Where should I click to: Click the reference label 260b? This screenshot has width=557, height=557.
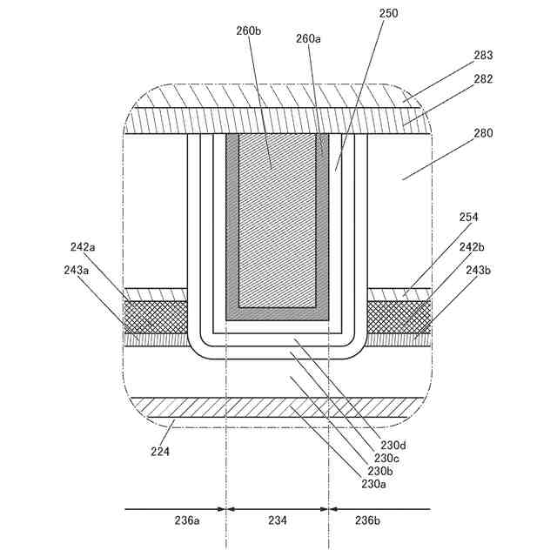pos(248,31)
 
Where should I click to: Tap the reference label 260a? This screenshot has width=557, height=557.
pos(308,39)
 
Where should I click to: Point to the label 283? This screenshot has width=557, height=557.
pos(483,55)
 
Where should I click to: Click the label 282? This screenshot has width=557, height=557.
pos(483,78)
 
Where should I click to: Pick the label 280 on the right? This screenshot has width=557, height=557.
pos(483,133)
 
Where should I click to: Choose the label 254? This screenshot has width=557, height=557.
pos(468,217)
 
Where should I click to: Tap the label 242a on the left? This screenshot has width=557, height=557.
pos(84,247)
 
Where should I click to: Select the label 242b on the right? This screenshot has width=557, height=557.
pos(471,247)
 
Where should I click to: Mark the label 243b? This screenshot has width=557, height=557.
pos(477,270)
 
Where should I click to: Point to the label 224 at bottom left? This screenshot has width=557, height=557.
pos(160,451)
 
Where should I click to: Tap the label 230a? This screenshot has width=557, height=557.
pos(374,484)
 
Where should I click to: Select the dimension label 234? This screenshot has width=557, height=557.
pos(277,520)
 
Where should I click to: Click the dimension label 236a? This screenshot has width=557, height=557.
pos(187,520)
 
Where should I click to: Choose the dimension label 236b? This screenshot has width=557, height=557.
pos(366,520)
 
